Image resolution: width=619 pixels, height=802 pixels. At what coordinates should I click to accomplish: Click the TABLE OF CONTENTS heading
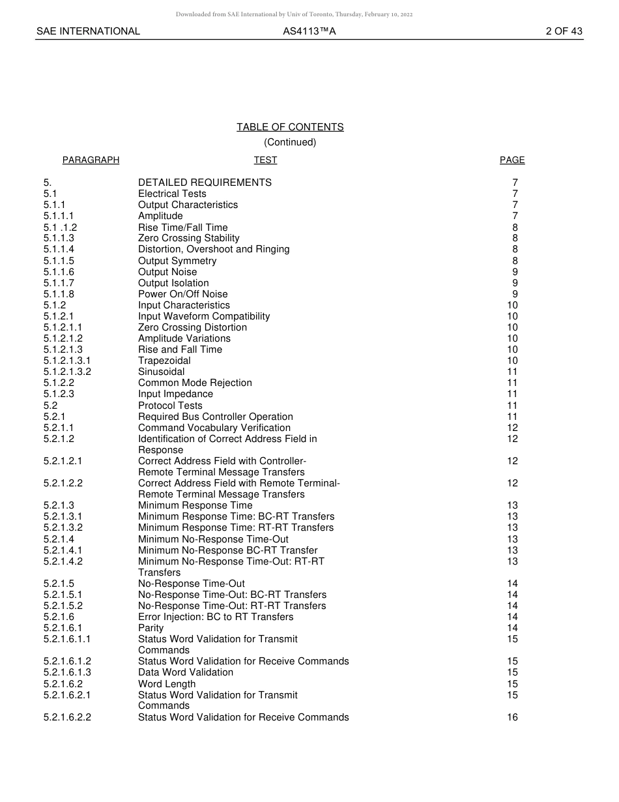point(290,127)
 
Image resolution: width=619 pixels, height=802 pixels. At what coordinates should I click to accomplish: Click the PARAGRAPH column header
point(91,160)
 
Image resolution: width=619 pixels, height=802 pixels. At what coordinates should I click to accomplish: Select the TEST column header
point(265,160)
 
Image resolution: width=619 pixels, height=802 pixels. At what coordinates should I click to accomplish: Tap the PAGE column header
point(512,160)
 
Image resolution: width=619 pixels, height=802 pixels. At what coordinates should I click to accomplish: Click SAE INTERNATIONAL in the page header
point(88,31)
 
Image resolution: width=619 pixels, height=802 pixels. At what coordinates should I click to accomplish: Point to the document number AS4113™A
point(309,31)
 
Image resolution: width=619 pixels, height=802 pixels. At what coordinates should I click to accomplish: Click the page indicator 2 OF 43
point(564,31)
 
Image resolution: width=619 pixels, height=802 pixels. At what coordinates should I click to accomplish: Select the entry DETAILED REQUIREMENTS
point(205,183)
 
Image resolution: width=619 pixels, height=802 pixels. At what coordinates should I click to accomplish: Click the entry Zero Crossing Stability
point(188,239)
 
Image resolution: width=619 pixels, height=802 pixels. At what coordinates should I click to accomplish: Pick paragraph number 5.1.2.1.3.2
point(67,372)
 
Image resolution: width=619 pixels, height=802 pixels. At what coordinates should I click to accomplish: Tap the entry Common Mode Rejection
point(195,383)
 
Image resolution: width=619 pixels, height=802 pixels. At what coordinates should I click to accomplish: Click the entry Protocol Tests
point(170,406)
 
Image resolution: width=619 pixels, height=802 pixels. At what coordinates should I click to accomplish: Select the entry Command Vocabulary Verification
point(214,428)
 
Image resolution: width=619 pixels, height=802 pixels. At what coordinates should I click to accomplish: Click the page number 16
point(512,717)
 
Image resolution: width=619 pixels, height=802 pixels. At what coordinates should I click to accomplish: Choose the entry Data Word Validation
point(186,672)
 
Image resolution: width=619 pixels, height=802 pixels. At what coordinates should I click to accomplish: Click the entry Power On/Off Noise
point(182,294)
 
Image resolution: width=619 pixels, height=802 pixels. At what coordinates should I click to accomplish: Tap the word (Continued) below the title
point(290,142)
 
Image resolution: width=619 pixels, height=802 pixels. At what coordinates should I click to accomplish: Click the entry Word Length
point(167,684)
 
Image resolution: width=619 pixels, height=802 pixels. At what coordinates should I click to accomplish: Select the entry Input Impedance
point(175,394)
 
